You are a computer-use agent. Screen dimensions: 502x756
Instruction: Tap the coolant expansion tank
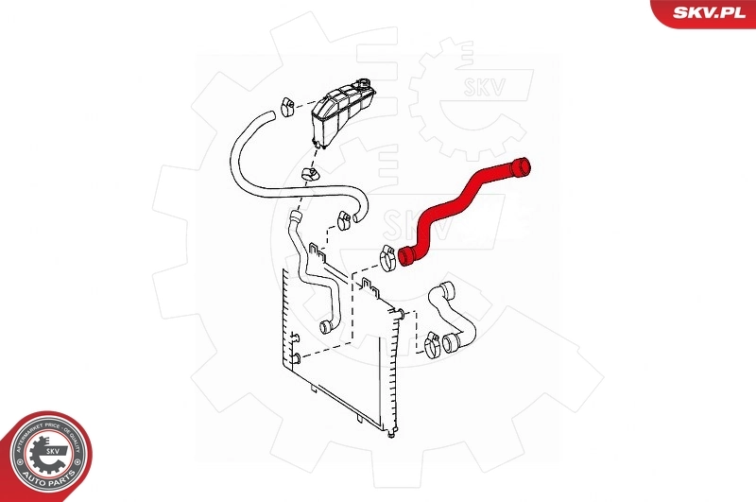tap(339, 114)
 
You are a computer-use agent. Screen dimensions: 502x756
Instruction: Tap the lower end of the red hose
tap(407, 255)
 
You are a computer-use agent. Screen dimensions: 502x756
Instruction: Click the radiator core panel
tap(335, 350)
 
